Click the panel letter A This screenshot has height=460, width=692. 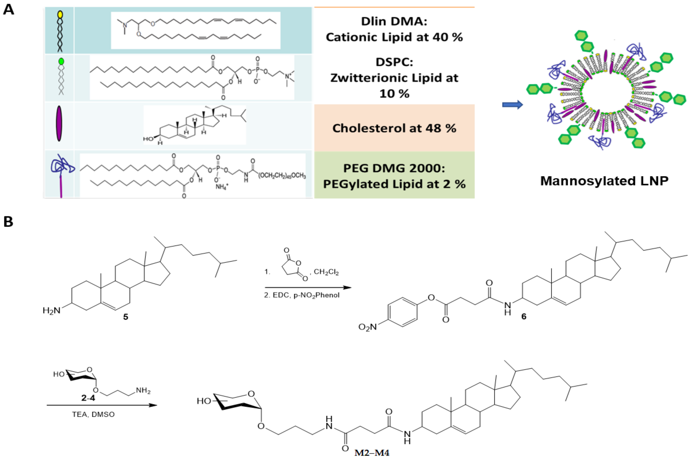[x=8, y=9]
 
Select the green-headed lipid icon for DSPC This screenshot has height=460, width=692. [x=61, y=76]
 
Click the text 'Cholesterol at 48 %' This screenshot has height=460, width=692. [x=394, y=128]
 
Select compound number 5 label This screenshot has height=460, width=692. [x=126, y=317]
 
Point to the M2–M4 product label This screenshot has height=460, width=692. [x=372, y=453]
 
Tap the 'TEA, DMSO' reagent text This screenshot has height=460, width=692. [x=93, y=414]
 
